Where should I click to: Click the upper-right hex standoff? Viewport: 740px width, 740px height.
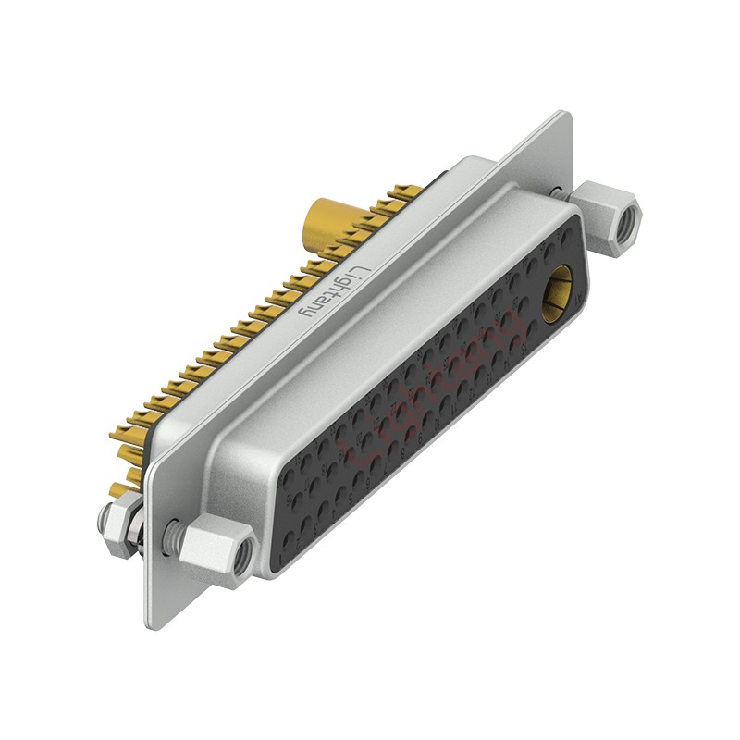[608, 218]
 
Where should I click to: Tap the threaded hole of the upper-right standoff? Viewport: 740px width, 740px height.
[629, 218]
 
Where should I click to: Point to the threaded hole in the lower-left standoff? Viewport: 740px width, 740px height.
[241, 553]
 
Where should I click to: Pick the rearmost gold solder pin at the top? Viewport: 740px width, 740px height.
[403, 192]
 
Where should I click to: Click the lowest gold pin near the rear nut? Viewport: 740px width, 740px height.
[118, 489]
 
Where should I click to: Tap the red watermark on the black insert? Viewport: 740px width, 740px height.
[435, 388]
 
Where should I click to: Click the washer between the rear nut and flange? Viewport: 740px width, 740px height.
[138, 532]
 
